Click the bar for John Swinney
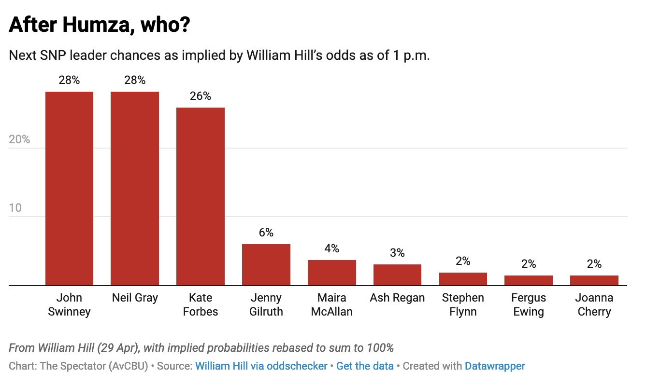pyautogui.click(x=69, y=188)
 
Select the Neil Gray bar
pyautogui.click(x=135, y=188)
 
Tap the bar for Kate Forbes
pyautogui.click(x=201, y=196)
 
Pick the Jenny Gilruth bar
pyautogui.click(x=266, y=265)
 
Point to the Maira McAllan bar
pyautogui.click(x=332, y=273)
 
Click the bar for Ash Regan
pyautogui.click(x=397, y=275)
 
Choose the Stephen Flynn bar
pyautogui.click(x=463, y=279)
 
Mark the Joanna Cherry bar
pyautogui.click(x=594, y=280)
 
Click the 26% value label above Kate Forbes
pyautogui.click(x=201, y=96)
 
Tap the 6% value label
pyautogui.click(x=266, y=233)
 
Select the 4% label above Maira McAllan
pyautogui.click(x=332, y=248)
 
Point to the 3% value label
pyautogui.click(x=397, y=253)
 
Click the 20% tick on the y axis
pyautogui.click(x=19, y=139)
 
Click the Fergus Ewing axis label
pyautogui.click(x=529, y=304)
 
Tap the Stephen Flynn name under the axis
pyautogui.click(x=463, y=304)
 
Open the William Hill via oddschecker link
pyautogui.click(x=261, y=366)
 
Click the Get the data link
pyautogui.click(x=365, y=366)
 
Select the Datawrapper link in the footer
pyautogui.click(x=495, y=366)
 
